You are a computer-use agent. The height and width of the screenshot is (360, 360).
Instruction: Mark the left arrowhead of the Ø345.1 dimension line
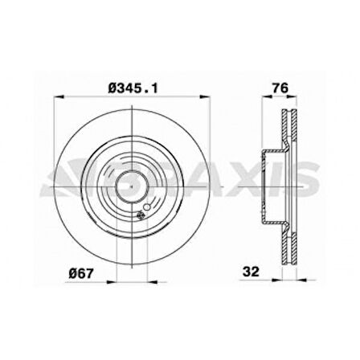(x=55, y=100)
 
